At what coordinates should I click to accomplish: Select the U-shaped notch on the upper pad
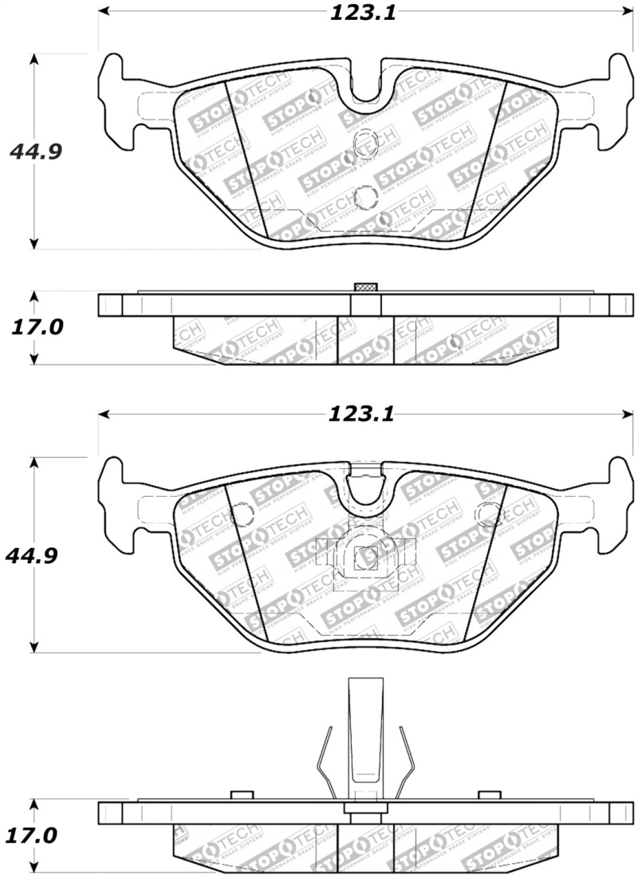[x=366, y=86]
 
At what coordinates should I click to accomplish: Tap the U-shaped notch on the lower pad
[x=366, y=488]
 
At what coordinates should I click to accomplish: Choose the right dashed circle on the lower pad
[x=486, y=515]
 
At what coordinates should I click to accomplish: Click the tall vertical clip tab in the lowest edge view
[x=365, y=730]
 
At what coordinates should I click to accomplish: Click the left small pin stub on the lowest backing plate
[x=241, y=794]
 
